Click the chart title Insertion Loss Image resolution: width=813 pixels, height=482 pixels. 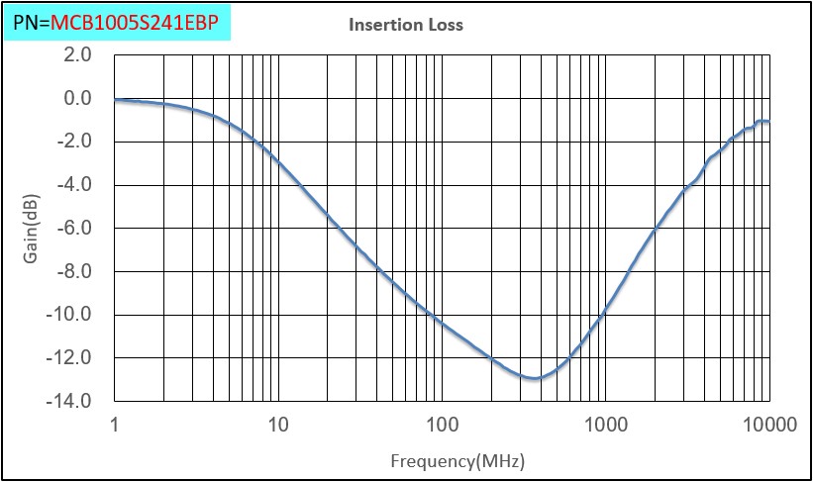click(x=406, y=25)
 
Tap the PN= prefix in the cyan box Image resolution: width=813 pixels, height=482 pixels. click(x=31, y=21)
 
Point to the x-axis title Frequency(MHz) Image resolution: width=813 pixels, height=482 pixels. click(x=457, y=461)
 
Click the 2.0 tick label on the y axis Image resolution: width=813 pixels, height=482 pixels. click(x=76, y=55)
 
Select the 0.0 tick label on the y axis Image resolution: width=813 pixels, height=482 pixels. click(x=76, y=98)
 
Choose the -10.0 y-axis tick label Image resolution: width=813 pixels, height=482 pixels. click(x=70, y=315)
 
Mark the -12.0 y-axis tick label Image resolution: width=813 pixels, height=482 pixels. click(x=70, y=357)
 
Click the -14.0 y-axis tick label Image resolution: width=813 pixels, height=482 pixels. click(x=70, y=401)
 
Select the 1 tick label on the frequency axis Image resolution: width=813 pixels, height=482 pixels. click(x=116, y=426)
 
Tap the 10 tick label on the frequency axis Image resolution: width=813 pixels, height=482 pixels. click(x=278, y=426)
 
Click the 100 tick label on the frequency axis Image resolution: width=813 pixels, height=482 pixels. click(x=442, y=426)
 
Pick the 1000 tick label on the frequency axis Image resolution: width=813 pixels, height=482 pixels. click(x=605, y=426)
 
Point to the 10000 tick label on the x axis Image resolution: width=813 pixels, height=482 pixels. click(x=768, y=426)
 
